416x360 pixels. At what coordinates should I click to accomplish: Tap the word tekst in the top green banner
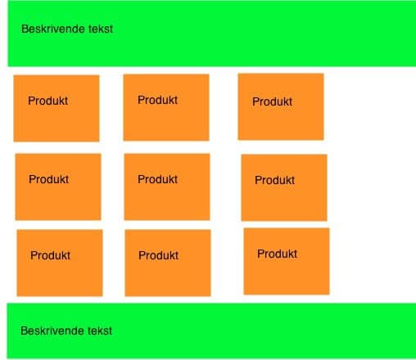(101, 29)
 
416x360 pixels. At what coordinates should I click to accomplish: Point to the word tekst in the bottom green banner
(100, 331)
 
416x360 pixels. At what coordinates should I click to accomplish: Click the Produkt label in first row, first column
(48, 101)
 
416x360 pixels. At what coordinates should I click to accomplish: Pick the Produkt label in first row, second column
(158, 100)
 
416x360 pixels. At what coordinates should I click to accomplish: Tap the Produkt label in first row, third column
(273, 101)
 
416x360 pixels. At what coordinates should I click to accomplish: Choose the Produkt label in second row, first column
(49, 179)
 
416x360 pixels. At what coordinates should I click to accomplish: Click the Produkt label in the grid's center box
(158, 179)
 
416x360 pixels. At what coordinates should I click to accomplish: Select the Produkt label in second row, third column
(275, 180)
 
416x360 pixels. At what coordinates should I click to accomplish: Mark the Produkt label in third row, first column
(51, 255)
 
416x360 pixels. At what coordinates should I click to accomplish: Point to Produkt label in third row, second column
(159, 255)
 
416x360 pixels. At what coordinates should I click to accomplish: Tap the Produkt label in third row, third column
(278, 254)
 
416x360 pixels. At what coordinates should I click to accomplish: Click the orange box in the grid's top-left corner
(57, 108)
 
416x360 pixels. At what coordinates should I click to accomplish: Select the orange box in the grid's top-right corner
(281, 106)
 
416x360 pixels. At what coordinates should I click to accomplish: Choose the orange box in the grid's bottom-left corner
(60, 263)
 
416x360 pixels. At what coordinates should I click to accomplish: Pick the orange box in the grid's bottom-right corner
(287, 261)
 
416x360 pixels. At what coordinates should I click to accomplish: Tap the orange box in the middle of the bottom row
(168, 263)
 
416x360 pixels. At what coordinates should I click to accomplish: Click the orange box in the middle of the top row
(166, 107)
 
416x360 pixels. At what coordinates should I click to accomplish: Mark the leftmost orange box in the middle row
(58, 187)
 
